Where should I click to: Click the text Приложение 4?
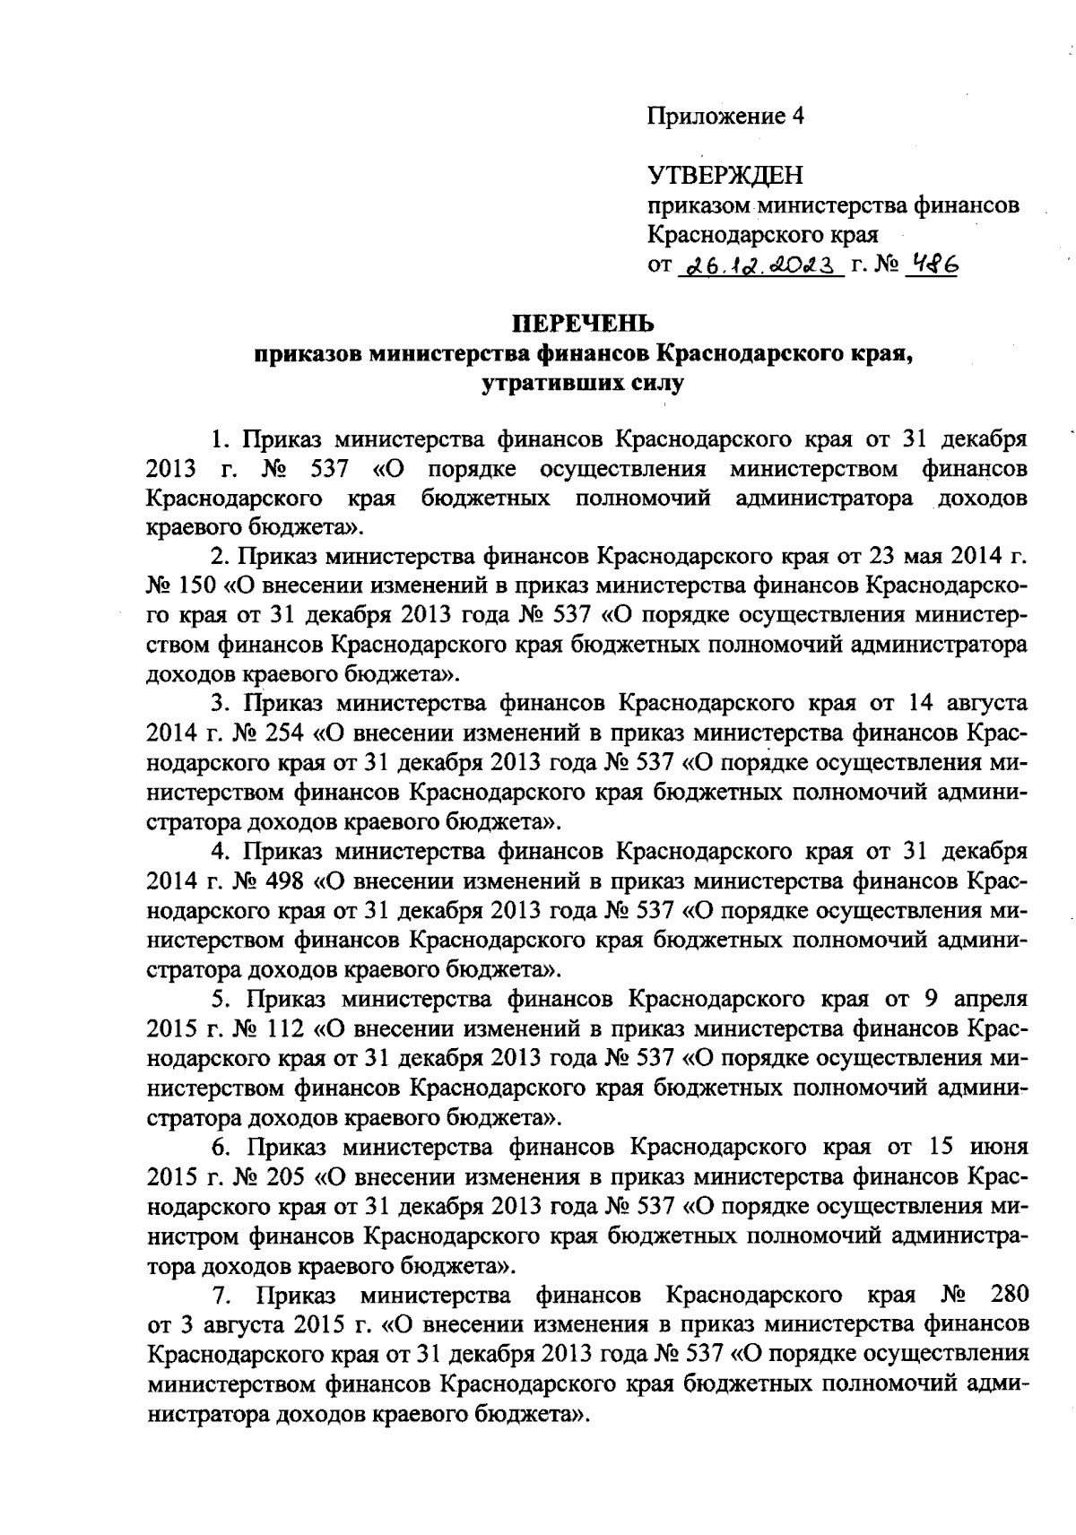pos(726,116)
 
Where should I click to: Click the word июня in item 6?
pos(998,1147)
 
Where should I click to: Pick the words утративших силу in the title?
pos(583,384)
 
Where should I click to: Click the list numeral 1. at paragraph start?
pos(221,439)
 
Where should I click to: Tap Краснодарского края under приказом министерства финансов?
pos(762,235)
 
